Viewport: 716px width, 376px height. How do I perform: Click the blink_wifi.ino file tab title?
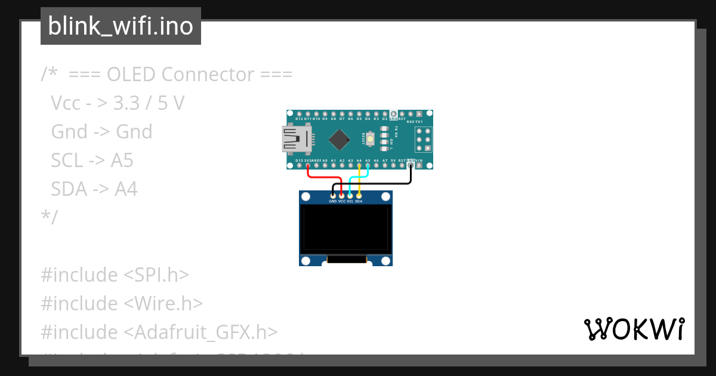(x=121, y=26)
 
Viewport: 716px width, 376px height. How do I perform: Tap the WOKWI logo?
(x=634, y=329)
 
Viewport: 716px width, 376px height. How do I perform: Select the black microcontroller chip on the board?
(x=339, y=140)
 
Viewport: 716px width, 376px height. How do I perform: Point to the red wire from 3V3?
(x=322, y=177)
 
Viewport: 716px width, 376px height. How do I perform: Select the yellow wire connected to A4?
(x=359, y=179)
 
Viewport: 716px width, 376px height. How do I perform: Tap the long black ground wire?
(x=382, y=184)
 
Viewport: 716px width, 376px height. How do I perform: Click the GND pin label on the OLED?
(x=333, y=202)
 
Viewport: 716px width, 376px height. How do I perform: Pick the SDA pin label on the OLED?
(x=359, y=202)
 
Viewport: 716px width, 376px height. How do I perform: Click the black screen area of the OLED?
(x=345, y=228)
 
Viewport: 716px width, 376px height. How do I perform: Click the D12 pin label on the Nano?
(x=300, y=119)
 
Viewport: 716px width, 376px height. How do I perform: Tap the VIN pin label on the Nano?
(x=419, y=161)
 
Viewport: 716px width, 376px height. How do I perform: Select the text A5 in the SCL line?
(x=122, y=161)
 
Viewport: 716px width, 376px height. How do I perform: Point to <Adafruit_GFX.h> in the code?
(x=200, y=332)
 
